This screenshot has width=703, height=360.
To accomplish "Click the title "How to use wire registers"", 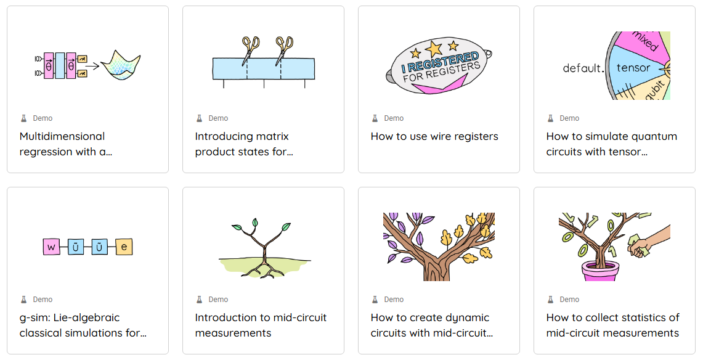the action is point(434,136).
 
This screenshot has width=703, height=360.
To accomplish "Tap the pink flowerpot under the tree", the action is point(601,271).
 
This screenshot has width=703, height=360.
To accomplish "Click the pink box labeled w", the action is point(52,247).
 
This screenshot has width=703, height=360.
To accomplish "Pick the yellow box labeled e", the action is point(124,247).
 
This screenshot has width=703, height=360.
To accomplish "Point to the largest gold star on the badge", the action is point(434,47).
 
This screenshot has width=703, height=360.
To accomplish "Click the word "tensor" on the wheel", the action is point(633,68).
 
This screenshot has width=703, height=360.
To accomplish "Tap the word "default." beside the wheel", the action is point(583,68).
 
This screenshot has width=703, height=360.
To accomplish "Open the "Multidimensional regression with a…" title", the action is point(65,144).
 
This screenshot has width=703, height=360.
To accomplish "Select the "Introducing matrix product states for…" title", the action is point(244,144).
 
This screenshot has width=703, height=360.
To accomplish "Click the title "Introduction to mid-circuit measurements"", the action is point(261,325).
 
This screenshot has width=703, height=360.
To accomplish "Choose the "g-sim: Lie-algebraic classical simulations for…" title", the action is point(83,325).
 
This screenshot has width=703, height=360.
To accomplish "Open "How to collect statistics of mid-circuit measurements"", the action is point(612,325).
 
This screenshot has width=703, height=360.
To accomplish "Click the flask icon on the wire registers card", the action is point(375,118).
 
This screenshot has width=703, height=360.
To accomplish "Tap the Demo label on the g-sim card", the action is point(43,300).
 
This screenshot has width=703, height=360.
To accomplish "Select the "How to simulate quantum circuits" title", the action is point(612,144).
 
